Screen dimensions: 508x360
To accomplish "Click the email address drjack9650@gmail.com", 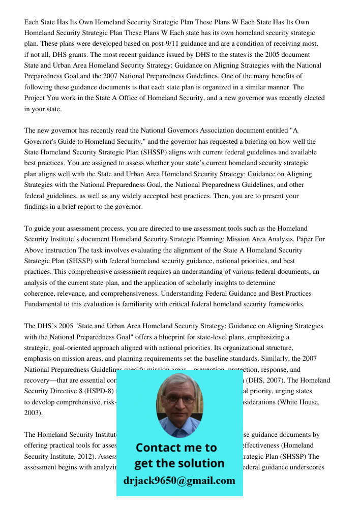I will [x=179, y=481].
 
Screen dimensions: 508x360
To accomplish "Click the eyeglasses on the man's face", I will [x=180, y=399].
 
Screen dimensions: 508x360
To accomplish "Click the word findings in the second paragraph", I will [x=37, y=207].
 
